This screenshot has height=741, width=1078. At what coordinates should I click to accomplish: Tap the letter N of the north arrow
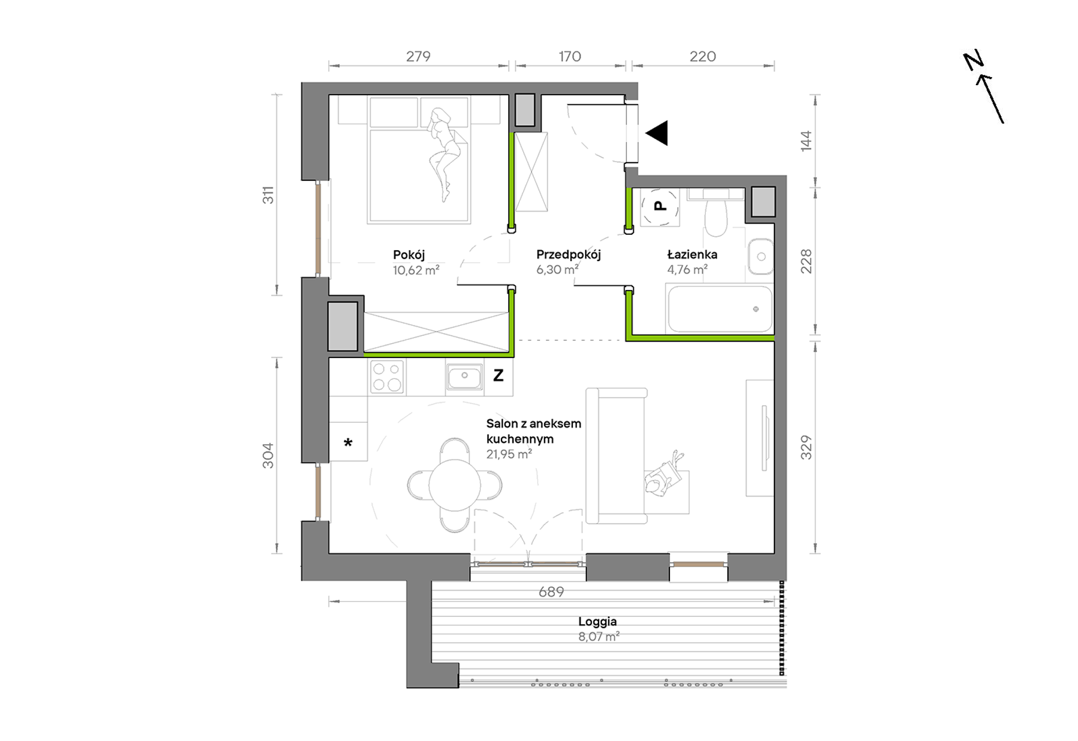[973, 61]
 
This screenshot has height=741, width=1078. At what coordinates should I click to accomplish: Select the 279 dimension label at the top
[418, 56]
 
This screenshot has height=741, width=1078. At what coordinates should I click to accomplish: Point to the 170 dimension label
[570, 56]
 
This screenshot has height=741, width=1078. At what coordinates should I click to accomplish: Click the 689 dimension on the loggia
[551, 592]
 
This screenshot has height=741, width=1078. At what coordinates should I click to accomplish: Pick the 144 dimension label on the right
[806, 141]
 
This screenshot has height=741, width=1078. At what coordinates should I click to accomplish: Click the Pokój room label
[409, 255]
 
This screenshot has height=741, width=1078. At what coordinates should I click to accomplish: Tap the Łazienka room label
[692, 254]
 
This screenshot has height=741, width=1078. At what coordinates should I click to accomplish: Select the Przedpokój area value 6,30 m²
[558, 270]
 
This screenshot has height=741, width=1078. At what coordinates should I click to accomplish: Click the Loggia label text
[597, 622]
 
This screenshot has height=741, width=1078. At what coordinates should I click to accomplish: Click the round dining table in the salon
[454, 485]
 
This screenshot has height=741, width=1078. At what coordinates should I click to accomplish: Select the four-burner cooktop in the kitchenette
[387, 377]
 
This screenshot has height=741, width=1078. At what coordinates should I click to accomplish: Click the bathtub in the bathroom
[720, 309]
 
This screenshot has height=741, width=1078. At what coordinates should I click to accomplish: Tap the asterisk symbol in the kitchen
[348, 443]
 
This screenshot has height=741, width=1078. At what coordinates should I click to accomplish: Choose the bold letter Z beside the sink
[498, 375]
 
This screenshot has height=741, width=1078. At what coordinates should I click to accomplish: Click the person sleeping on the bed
[443, 153]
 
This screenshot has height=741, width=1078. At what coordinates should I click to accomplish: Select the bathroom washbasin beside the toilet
[760, 256]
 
